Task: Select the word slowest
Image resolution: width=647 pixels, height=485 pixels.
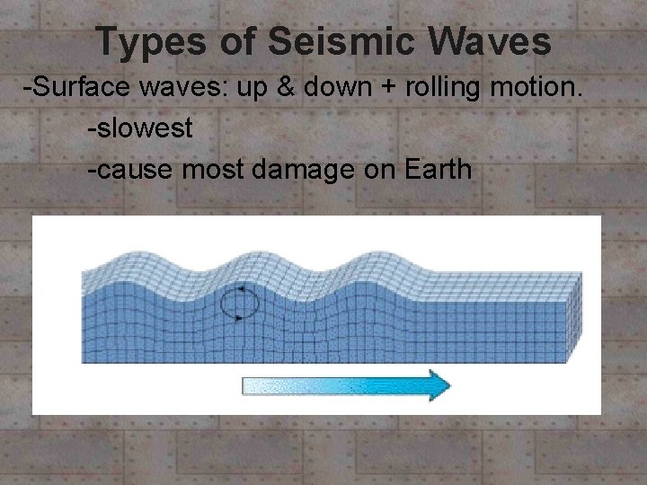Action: pos(143,128)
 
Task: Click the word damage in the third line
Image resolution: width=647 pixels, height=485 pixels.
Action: pos(302,168)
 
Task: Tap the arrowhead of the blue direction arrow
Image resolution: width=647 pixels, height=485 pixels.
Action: pos(438,384)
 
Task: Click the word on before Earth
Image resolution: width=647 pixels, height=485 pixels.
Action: pos(377,168)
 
